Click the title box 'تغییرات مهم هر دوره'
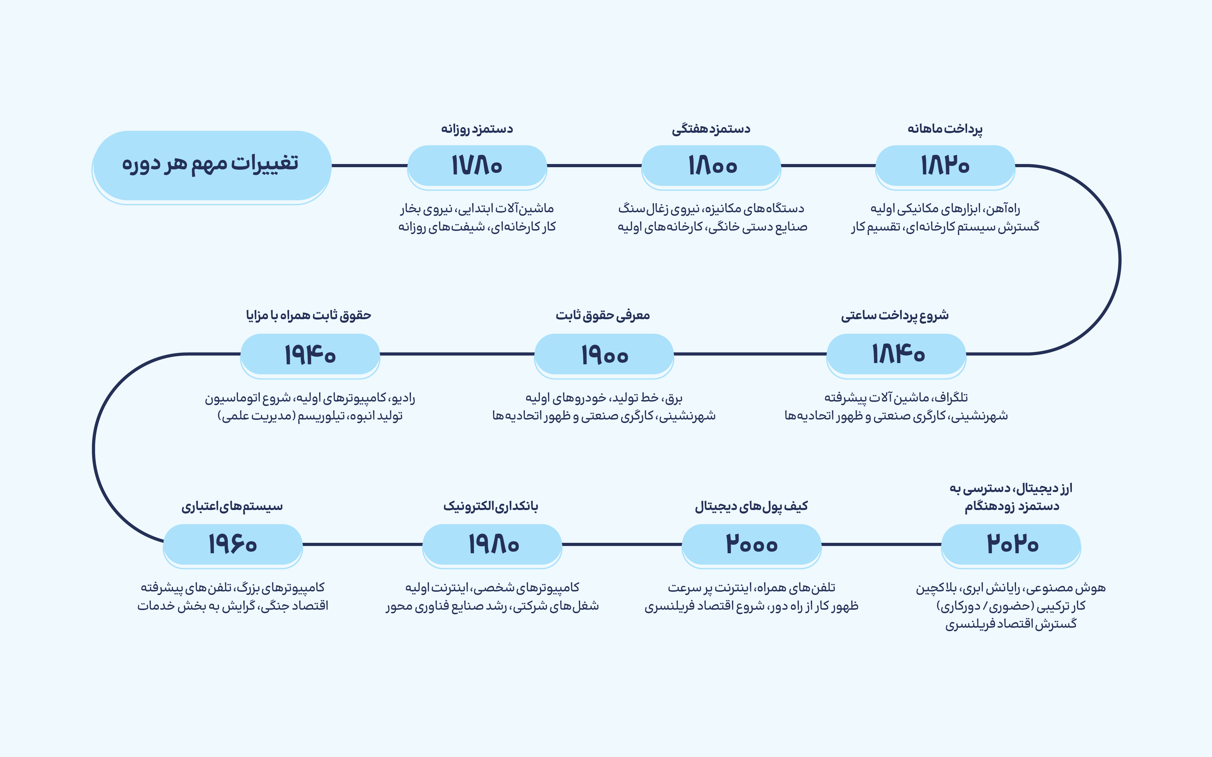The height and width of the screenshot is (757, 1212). coord(211,167)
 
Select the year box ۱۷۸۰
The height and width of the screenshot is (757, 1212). coord(477,167)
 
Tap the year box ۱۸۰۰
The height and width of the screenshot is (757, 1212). coord(711,167)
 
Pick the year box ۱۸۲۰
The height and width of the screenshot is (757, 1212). coord(945,167)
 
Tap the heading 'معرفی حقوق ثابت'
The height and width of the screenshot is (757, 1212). coord(603,315)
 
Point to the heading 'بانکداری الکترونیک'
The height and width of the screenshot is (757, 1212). coord(491,506)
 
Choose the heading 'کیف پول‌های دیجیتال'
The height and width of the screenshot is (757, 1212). coord(751,507)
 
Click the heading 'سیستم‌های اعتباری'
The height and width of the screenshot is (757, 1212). coord(232,507)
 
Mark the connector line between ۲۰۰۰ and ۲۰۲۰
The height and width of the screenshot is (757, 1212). coord(882,544)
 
